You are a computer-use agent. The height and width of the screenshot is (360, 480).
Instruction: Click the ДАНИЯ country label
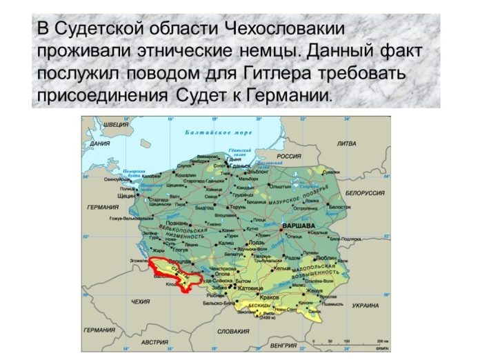coord(100,144)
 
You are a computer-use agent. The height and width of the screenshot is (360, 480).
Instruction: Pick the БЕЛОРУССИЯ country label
coord(364,193)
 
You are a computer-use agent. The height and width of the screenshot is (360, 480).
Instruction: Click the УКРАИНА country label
coord(365,305)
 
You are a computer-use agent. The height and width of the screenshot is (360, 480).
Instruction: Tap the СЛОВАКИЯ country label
coord(233,331)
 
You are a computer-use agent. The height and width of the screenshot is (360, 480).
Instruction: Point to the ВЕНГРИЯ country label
coord(283,344)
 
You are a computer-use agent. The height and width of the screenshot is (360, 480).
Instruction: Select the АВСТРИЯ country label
coord(155,342)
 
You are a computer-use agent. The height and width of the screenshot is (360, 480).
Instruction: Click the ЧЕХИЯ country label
coord(140,301)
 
